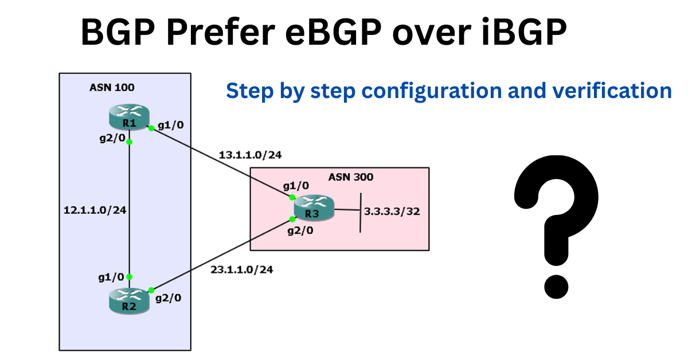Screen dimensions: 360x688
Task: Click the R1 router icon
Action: tap(130, 118)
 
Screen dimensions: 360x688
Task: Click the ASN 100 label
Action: tap(112, 88)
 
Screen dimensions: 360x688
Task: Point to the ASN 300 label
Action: tap(350, 177)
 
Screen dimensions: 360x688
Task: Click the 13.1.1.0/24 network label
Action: tap(250, 155)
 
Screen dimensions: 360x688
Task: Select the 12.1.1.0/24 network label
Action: tap(95, 210)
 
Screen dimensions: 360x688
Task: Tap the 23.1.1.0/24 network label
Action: tap(241, 269)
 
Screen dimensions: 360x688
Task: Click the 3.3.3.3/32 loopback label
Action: tap(392, 212)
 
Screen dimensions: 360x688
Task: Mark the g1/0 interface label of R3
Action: tap(295, 186)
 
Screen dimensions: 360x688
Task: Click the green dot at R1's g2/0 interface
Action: tap(130, 142)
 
